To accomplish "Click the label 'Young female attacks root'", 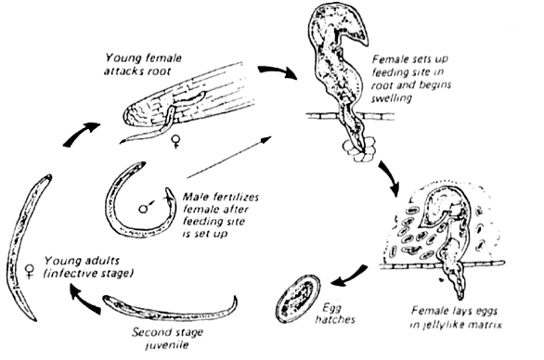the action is click(143, 65).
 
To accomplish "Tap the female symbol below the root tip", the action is click(176, 142).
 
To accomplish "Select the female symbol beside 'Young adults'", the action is click(31, 271).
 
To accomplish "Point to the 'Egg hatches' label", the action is click(335, 314).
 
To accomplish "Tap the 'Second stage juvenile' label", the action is click(167, 339).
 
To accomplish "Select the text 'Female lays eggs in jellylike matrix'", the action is click(456, 317).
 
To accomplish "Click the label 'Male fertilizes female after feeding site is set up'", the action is click(221, 215).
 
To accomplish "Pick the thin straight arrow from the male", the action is click(229, 157).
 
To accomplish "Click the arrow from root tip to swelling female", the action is click(278, 71).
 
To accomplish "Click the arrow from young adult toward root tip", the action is click(81, 135).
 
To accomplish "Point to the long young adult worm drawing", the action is click(25, 247).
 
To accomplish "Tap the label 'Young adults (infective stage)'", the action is click(88, 266).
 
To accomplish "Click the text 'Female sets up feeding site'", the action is click(409, 66).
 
